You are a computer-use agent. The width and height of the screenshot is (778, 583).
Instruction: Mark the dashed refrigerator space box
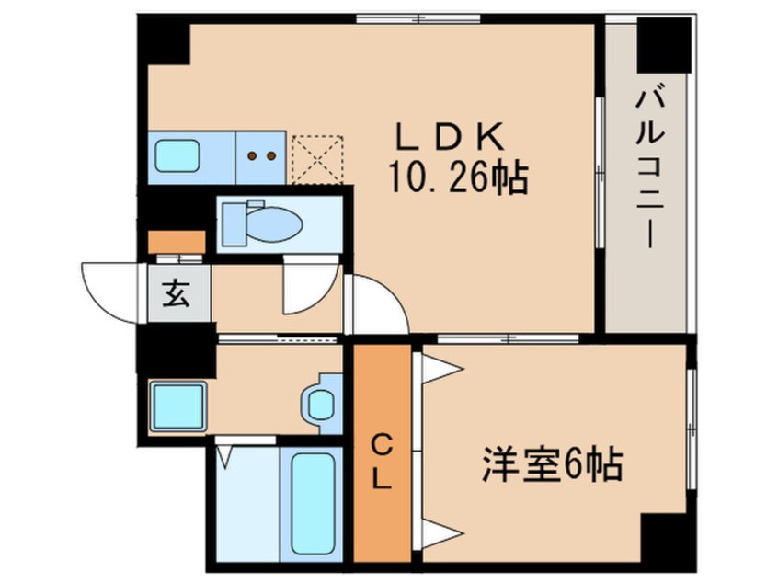click(x=317, y=158)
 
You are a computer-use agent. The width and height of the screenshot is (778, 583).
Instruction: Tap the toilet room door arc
click(x=307, y=286)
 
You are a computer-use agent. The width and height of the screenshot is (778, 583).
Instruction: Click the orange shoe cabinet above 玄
click(x=177, y=242)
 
